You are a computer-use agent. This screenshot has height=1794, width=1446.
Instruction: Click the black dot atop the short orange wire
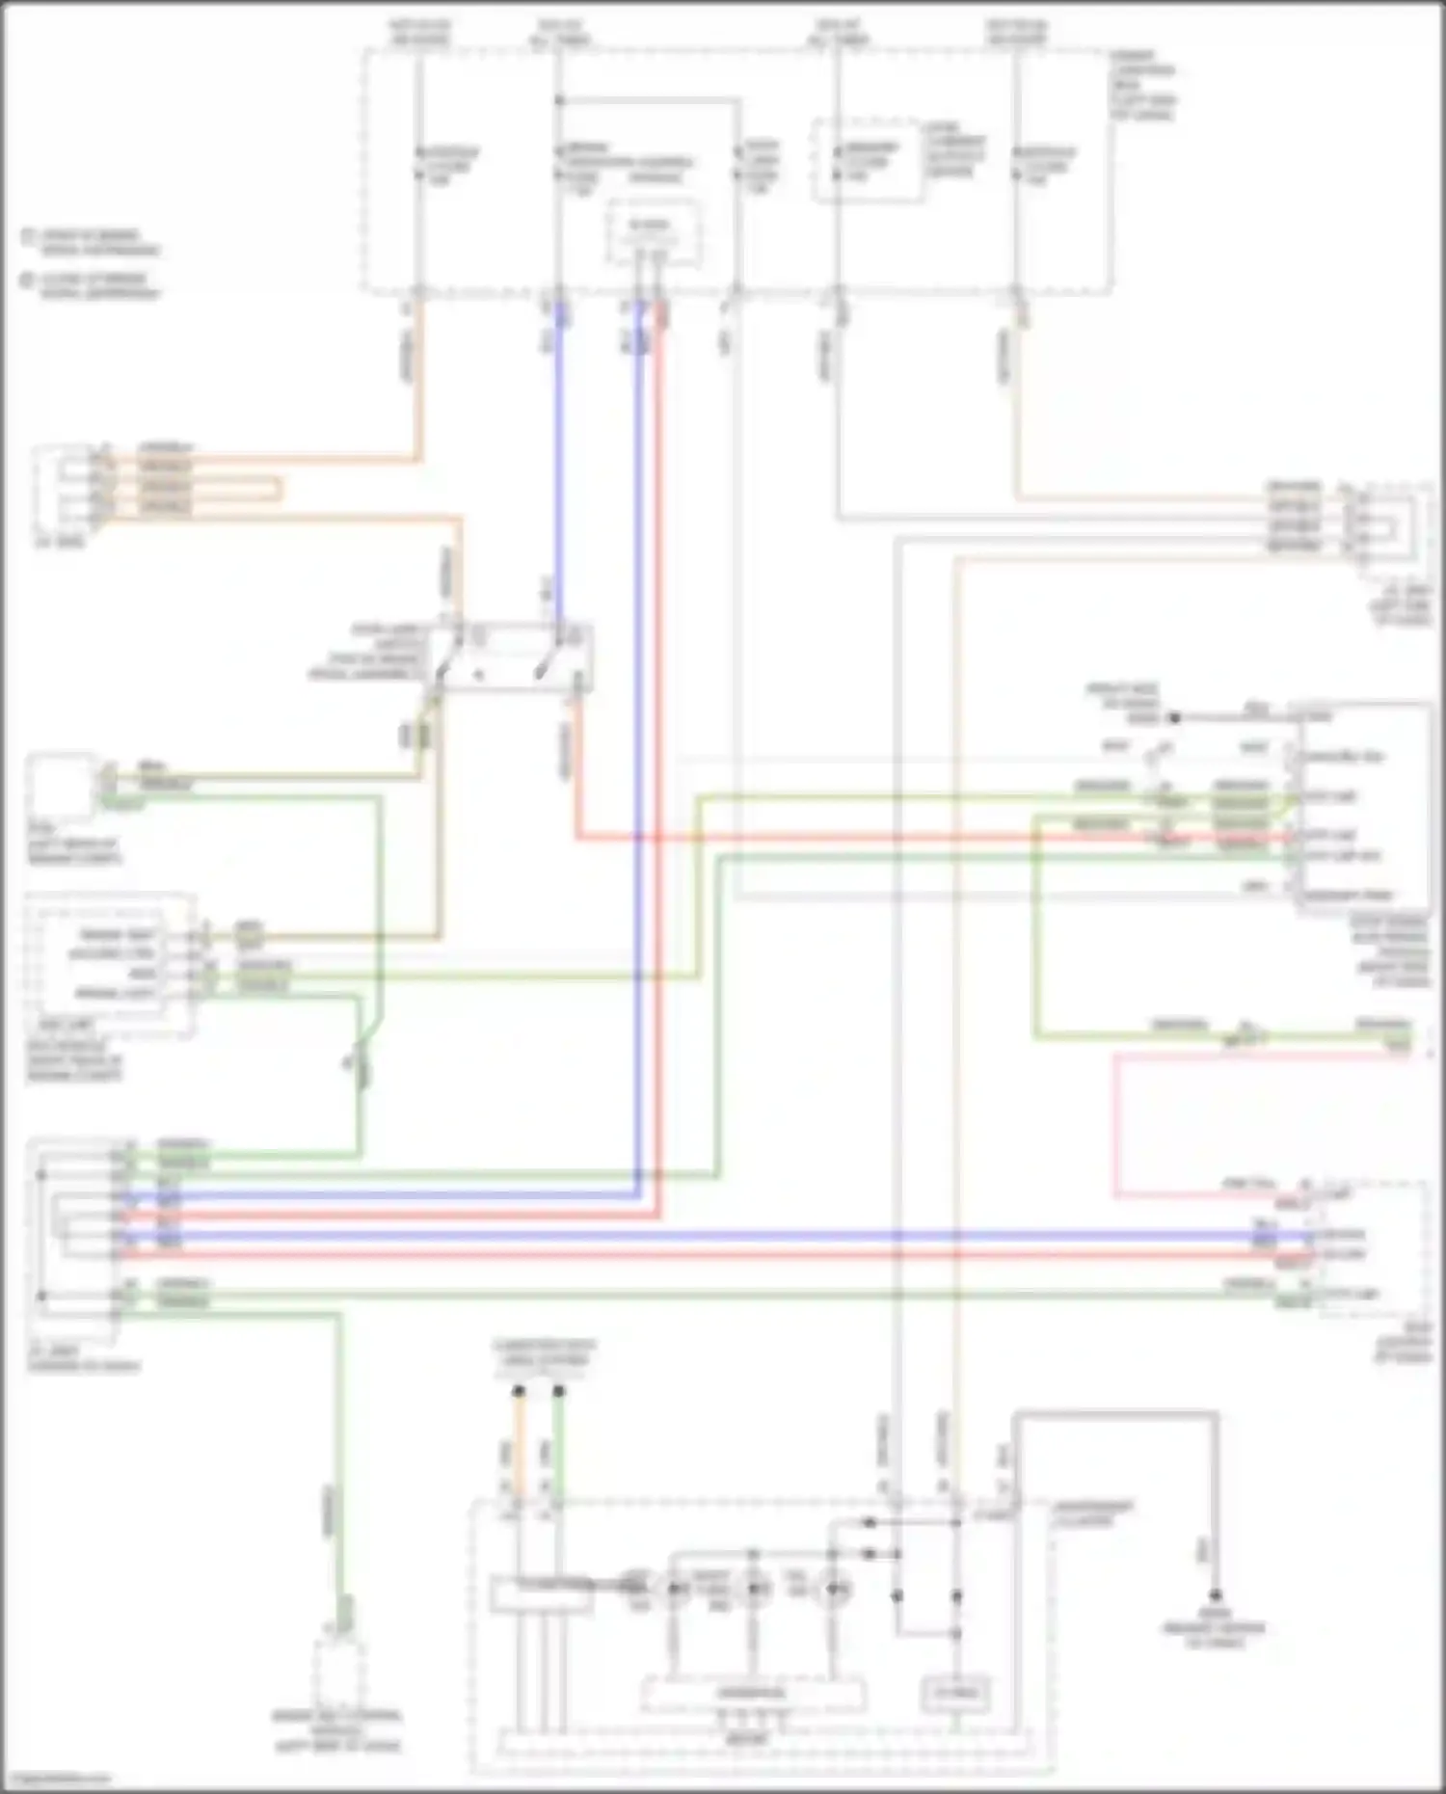(x=519, y=1391)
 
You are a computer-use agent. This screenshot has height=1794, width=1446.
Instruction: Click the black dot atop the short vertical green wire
(x=558, y=1391)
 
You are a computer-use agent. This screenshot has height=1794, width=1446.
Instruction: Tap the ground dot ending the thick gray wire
(x=1216, y=1594)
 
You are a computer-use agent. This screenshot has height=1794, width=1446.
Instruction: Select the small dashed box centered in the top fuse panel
(x=652, y=232)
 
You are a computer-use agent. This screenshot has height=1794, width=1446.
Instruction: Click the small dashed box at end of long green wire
(x=338, y=1674)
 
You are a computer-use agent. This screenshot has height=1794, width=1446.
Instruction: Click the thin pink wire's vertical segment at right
(x=1116, y=1124)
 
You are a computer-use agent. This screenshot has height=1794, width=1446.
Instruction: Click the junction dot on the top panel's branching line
(x=558, y=100)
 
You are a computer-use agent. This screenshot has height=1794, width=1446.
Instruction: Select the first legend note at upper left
(x=92, y=242)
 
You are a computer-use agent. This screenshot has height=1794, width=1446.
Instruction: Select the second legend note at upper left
(x=92, y=286)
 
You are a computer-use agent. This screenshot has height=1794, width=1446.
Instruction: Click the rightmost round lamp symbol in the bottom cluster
(x=832, y=1586)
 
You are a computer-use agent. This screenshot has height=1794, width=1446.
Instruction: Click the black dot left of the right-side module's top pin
(x=1174, y=718)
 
